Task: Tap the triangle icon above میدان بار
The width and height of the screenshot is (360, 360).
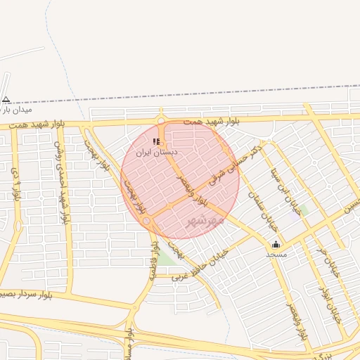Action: (6, 99)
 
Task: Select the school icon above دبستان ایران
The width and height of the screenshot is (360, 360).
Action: (156, 142)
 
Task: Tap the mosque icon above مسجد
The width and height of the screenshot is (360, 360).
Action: (276, 245)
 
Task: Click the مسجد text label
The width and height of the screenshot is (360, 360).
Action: (276, 254)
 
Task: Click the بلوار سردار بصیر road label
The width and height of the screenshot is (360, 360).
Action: (28, 290)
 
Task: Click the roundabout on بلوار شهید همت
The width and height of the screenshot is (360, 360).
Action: (161, 120)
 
